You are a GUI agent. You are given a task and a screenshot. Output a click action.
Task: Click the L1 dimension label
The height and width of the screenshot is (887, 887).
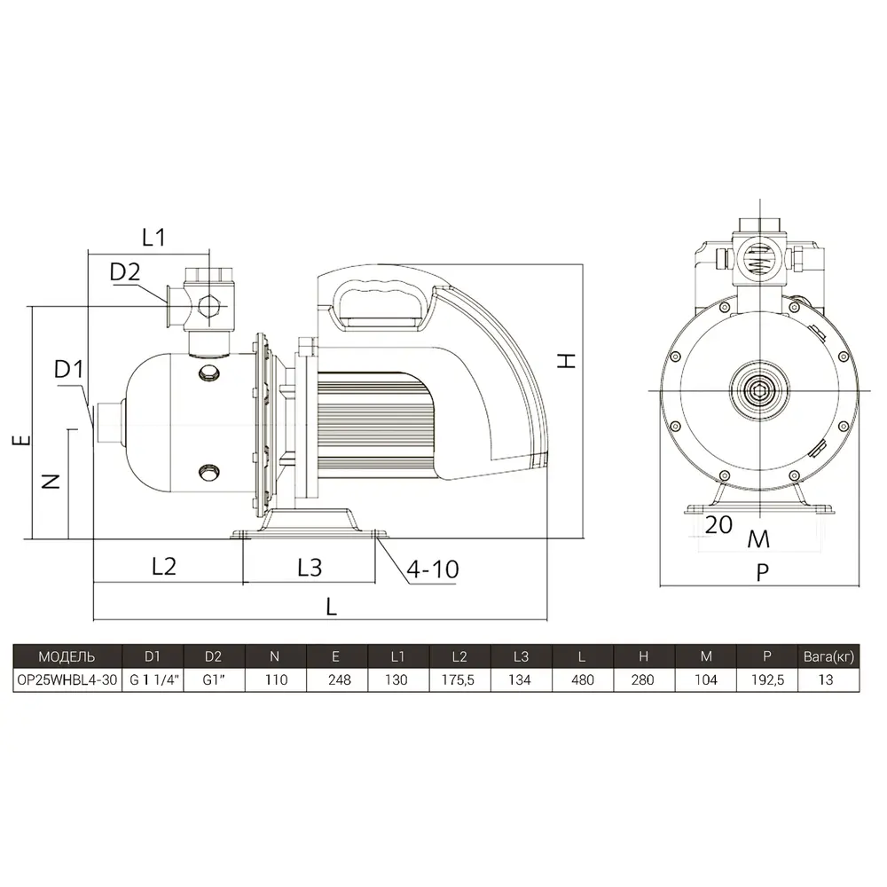(153, 237)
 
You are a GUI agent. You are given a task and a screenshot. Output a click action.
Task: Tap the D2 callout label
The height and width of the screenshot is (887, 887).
(124, 272)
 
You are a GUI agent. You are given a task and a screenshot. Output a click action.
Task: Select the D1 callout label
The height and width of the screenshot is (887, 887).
(68, 369)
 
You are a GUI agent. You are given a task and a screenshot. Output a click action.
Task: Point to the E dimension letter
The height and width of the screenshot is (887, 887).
(21, 440)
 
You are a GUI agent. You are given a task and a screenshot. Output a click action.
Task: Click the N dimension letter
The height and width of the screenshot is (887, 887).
(51, 482)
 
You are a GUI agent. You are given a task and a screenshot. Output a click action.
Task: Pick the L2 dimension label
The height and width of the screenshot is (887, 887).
(164, 566)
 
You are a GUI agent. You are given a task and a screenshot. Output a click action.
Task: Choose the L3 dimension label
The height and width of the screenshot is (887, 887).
(310, 568)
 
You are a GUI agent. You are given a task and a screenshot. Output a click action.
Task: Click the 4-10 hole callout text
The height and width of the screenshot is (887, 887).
(433, 569)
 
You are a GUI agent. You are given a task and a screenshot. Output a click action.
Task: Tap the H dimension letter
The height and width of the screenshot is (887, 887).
(566, 361)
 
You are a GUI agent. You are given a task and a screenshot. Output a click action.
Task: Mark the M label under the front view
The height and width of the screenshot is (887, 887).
(758, 539)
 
